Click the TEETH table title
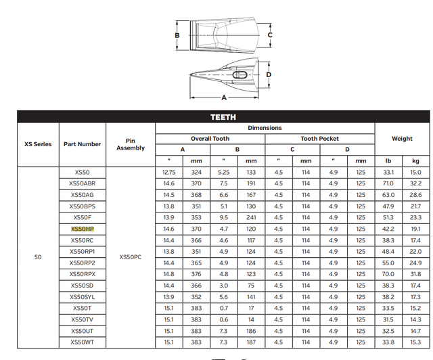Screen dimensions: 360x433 click(223, 117)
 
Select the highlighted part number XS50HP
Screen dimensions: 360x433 click(83, 229)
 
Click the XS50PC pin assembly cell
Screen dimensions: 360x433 click(130, 257)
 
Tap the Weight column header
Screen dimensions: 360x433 click(402, 139)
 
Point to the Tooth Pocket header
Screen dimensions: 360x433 click(319, 139)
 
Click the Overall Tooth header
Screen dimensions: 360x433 click(210, 139)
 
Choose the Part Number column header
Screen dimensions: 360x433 click(83, 144)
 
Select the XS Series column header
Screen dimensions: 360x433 click(38, 144)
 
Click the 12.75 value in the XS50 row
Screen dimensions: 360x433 click(169, 173)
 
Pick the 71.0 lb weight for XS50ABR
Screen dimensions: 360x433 click(388, 183)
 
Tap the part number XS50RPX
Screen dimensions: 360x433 click(83, 274)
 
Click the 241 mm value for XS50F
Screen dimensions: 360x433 click(251, 218)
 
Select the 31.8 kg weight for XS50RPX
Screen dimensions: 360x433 click(415, 274)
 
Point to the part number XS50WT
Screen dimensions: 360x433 click(83, 342)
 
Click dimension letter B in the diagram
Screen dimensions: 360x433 click(177, 35)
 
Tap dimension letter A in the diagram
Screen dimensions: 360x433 click(224, 97)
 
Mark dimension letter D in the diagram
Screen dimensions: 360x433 click(269, 74)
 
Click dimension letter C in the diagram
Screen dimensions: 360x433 click(270, 35)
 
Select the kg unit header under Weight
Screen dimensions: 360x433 click(415, 161)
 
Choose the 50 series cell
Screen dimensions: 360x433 click(38, 257)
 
